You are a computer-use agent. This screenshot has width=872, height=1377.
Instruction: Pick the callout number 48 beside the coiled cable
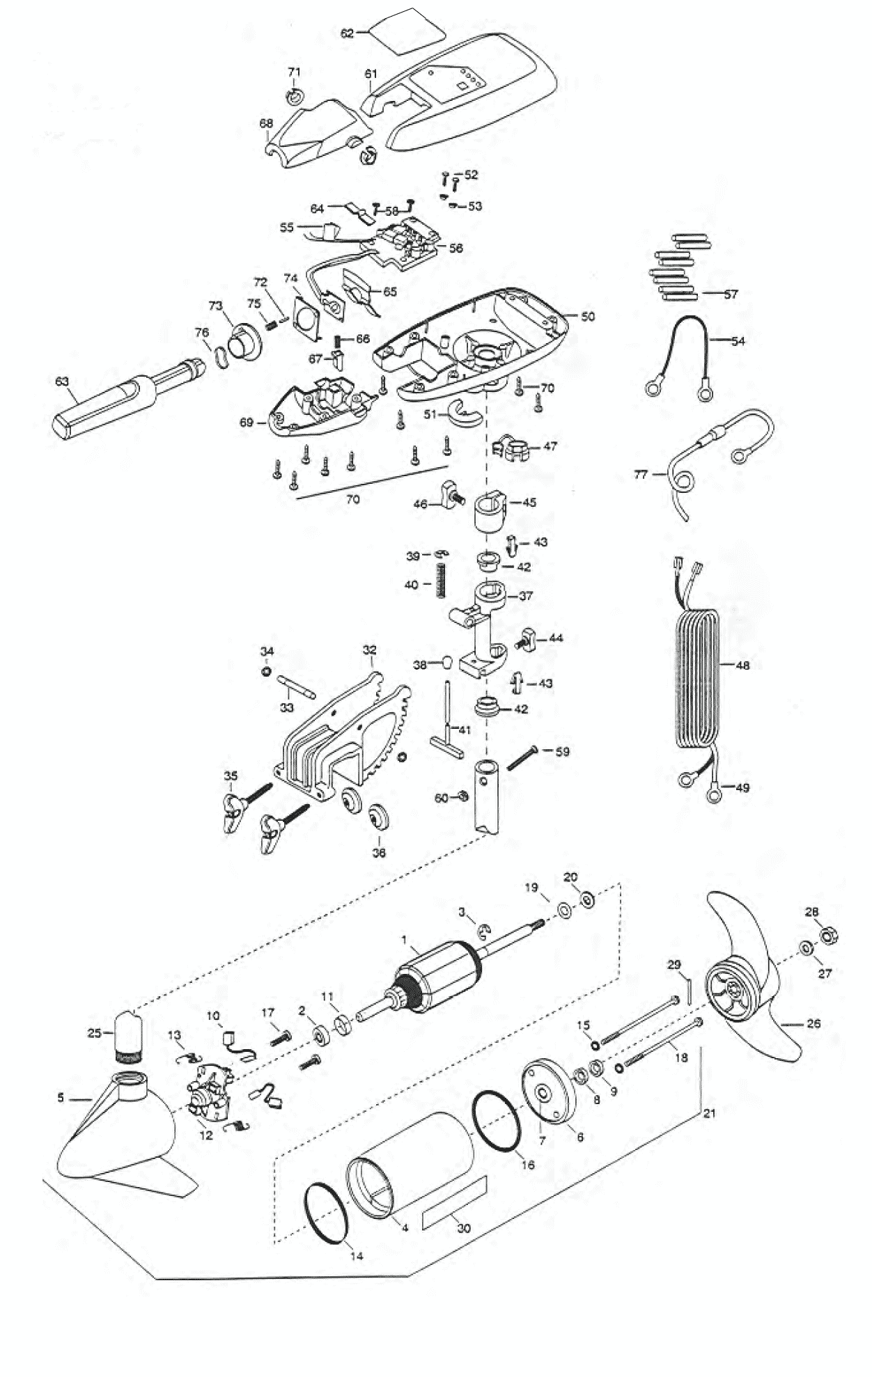pyautogui.click(x=742, y=666)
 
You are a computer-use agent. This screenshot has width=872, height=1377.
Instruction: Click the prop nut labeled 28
pyautogui.click(x=830, y=935)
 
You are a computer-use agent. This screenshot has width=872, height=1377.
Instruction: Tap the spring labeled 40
pyautogui.click(x=440, y=579)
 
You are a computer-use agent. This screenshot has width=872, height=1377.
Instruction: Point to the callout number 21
pyautogui.click(x=710, y=1113)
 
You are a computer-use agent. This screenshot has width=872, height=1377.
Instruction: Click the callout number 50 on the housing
pyautogui.click(x=588, y=317)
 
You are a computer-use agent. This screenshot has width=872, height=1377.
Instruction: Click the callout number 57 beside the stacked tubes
pyautogui.click(x=730, y=294)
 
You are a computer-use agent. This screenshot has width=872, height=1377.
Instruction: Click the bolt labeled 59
pyautogui.click(x=523, y=757)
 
